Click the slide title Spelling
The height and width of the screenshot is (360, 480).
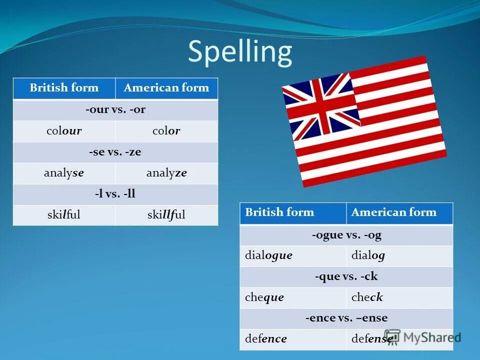pyautogui.click(x=239, y=52)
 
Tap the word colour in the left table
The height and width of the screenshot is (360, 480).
pyautogui.click(x=64, y=131)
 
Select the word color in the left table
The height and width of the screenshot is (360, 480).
pyautogui.click(x=166, y=131)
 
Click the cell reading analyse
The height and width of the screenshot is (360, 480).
pyautogui.click(x=64, y=173)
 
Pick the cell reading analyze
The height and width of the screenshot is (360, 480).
pyautogui.click(x=166, y=173)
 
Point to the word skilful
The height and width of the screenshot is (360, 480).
pyautogui.click(x=64, y=215)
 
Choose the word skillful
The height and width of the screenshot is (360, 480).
pyautogui.click(x=166, y=215)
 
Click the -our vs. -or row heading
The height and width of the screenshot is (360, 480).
pyautogui.click(x=115, y=110)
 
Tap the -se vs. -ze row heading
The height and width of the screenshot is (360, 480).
pyautogui.click(x=115, y=152)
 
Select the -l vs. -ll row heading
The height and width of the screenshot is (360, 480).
pyautogui.click(x=115, y=194)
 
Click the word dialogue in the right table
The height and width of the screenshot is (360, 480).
pyautogui.click(x=268, y=255)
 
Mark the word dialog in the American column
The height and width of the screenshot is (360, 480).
pyautogui.click(x=368, y=255)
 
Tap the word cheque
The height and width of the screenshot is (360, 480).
pyautogui.click(x=264, y=297)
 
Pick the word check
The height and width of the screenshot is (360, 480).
pyautogui.click(x=367, y=297)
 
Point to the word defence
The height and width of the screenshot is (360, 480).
pyautogui.click(x=266, y=339)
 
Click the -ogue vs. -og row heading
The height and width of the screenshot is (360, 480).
pyautogui.click(x=346, y=235)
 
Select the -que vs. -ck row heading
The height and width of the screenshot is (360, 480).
pyautogui.click(x=346, y=276)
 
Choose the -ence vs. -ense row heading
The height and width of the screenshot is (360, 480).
pyautogui.click(x=346, y=318)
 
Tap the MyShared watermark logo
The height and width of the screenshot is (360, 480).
pyautogui.click(x=422, y=337)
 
